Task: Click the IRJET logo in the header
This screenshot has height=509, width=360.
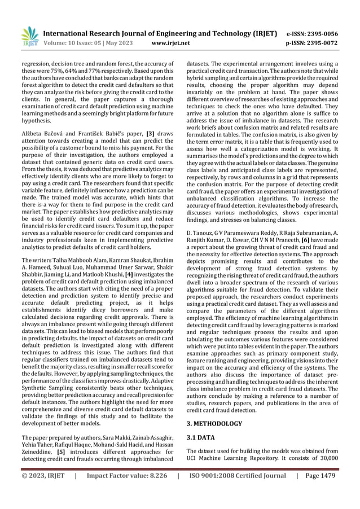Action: pyautogui.click(x=29, y=36)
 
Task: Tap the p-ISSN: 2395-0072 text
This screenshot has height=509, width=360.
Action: pyautogui.click(x=314, y=43)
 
